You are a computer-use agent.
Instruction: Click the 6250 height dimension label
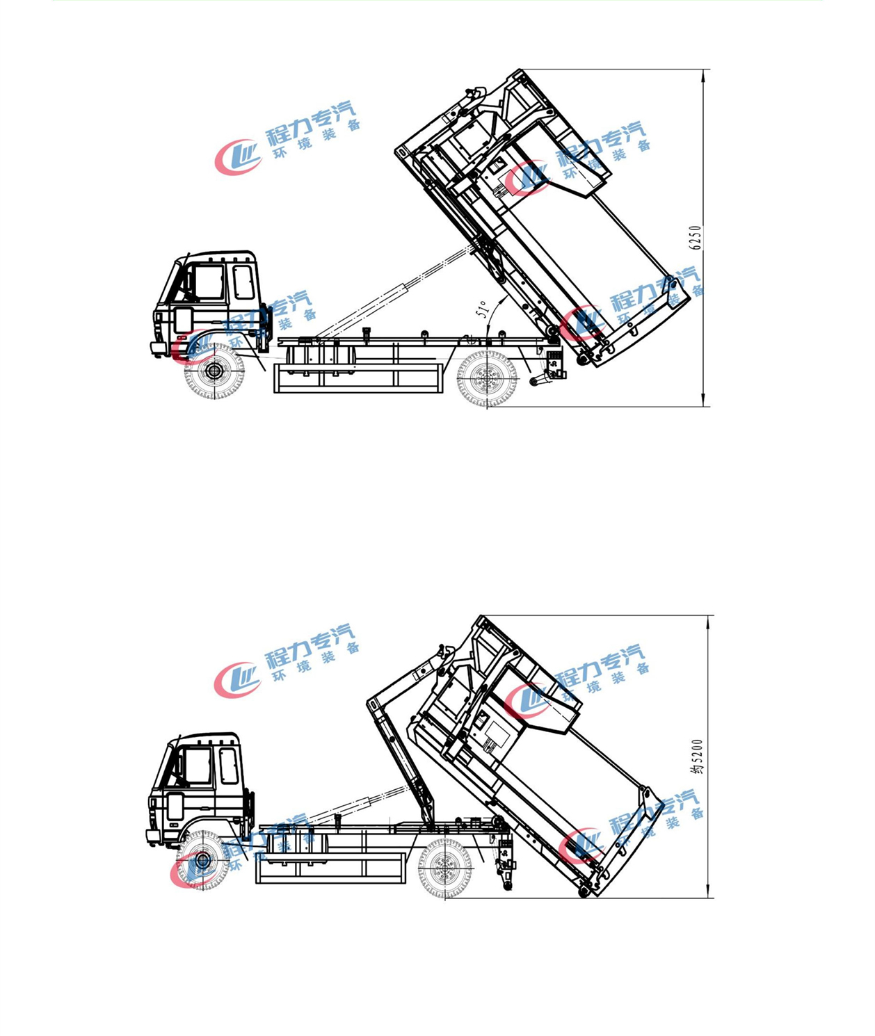click(x=696, y=238)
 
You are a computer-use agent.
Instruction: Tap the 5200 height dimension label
click(x=698, y=756)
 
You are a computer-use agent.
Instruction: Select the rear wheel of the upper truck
click(x=487, y=379)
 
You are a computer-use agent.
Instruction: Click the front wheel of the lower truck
click(x=202, y=860)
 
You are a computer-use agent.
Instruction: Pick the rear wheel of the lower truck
click(x=445, y=868)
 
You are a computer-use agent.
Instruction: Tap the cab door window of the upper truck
click(x=208, y=282)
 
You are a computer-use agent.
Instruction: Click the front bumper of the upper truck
click(x=158, y=348)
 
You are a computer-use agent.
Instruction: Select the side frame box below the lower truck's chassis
click(x=330, y=868)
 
